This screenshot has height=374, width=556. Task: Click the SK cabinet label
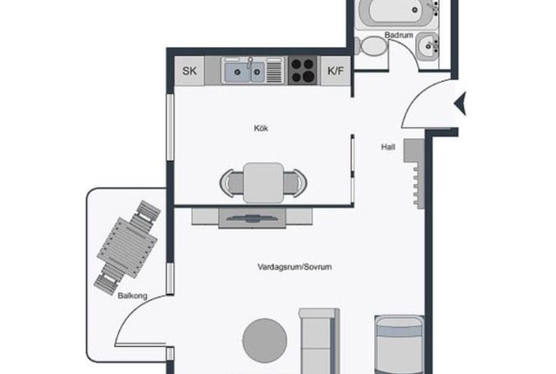click(189, 70)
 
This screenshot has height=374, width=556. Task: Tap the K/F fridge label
click(335, 70)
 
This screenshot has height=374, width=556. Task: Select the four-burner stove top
click(302, 70)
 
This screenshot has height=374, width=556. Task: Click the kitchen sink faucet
click(249, 63)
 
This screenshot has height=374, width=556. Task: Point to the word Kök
click(261, 128)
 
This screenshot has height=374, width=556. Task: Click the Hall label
click(388, 147)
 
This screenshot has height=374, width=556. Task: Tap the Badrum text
click(399, 35)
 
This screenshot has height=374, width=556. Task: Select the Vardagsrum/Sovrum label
click(295, 267)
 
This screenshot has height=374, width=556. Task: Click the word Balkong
click(132, 296)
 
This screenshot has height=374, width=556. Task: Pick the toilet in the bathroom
click(371, 46)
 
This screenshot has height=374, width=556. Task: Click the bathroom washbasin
click(427, 46)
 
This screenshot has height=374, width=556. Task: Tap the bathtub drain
click(414, 10)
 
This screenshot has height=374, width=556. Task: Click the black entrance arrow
click(460, 104)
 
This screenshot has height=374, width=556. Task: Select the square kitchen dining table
click(263, 183)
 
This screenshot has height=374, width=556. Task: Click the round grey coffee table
click(264, 340)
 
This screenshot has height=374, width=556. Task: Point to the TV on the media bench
click(252, 218)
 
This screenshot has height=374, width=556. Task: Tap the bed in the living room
click(400, 344)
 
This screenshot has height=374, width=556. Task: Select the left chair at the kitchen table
click(232, 184)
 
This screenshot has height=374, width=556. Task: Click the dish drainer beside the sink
click(275, 70)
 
